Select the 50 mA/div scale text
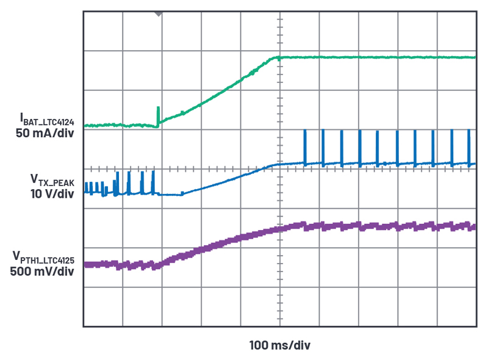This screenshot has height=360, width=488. (x=43, y=134)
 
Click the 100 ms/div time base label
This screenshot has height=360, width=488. (x=280, y=345)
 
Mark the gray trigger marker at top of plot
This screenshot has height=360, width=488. (x=159, y=13)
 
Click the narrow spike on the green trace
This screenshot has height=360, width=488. (x=158, y=114)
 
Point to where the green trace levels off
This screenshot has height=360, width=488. (x=279, y=58)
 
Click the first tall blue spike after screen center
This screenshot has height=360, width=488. (x=304, y=146)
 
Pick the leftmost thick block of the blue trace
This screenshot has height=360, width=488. (x=88, y=188)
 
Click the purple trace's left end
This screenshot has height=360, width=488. (x=86, y=265)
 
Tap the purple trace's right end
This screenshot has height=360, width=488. (x=473, y=226)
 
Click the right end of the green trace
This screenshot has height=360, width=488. (x=473, y=57)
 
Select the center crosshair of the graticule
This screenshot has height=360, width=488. (x=280, y=168)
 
